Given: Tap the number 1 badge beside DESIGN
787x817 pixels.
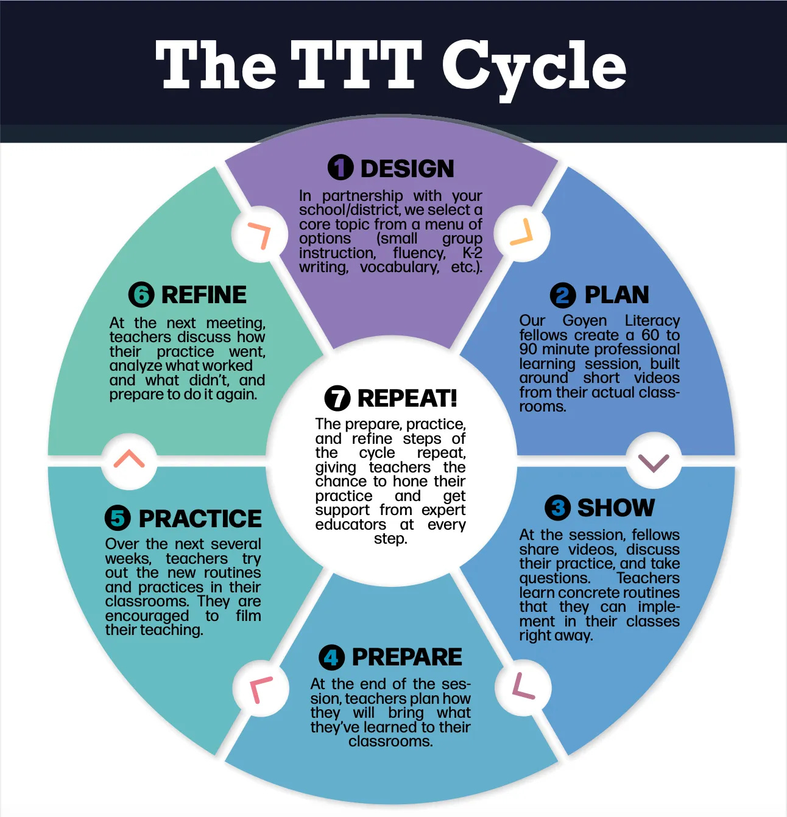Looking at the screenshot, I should pos(341,167).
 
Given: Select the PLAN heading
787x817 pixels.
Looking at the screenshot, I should pos(616,295).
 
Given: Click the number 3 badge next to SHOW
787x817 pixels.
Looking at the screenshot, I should pos(557,508).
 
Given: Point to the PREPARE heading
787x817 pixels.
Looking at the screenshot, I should pos(407,657).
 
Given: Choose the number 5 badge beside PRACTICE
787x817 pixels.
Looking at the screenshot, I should pos(118,518).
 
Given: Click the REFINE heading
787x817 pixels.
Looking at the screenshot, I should pos(203,295).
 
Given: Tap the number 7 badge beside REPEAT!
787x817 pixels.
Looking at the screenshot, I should pos(337,398).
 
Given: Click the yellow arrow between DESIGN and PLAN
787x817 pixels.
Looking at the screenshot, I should pos(521,234).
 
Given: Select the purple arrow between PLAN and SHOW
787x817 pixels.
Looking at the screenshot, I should pos(653,461).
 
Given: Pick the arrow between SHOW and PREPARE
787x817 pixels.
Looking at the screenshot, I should pos(523,687).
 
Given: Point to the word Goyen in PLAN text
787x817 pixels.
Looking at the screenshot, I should pos(585,320).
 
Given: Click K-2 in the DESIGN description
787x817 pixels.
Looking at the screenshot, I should pos(472,253).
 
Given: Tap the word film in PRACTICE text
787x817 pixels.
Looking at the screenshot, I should pos(248,615).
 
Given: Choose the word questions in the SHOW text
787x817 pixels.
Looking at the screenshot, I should pos(554,578).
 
